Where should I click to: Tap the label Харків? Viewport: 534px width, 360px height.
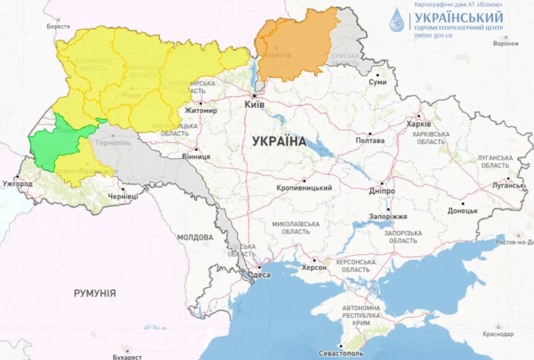418,124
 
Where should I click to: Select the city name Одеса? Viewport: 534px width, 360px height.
259,275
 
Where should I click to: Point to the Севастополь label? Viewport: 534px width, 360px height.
341,353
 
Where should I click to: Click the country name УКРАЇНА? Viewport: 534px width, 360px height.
279,141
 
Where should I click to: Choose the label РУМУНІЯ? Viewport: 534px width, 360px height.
95,293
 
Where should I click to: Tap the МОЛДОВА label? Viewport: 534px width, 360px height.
195,237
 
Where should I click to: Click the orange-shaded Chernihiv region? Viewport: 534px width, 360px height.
293,46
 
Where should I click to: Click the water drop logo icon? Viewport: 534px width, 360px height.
398,20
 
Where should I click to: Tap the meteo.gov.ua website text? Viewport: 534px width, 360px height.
433,35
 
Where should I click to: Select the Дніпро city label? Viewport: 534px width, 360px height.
382,191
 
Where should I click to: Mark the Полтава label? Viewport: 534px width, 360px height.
370,141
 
